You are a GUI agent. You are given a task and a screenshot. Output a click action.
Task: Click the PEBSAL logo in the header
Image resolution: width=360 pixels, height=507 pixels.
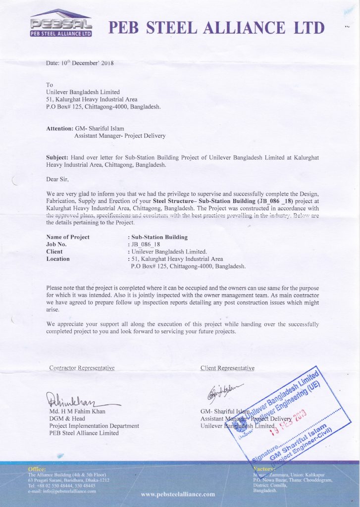coord(61,24)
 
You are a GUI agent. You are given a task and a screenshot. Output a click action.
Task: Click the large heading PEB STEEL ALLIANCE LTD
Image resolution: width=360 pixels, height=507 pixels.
coord(217,28)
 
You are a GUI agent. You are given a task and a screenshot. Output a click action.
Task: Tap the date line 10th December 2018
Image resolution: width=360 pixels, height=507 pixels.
coord(80,63)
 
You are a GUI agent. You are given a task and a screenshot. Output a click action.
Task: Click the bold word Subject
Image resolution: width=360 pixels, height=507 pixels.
coord(57,157)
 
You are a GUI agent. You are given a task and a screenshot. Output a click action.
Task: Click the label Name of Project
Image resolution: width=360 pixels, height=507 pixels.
coord(68,237)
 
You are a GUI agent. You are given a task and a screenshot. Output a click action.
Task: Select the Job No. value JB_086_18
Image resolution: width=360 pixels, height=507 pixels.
coord(147,244)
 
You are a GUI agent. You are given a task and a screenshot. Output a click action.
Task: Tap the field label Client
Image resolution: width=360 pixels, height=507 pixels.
coord(54,252)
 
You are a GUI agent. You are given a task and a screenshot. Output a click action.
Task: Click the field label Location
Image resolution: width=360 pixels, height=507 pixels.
coord(58,258)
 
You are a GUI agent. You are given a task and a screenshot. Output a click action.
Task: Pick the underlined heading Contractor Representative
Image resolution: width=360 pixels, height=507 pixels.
coord(82,368)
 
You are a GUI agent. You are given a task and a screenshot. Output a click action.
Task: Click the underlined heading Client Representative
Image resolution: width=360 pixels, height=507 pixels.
coord(227,368)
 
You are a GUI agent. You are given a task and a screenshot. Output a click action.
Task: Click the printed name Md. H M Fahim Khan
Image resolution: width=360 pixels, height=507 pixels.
coord(77,411)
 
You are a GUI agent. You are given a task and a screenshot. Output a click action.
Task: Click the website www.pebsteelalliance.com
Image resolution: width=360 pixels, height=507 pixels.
coord(178,494)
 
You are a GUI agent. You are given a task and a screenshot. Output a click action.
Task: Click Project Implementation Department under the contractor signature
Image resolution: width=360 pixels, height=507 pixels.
coord(94,426)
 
